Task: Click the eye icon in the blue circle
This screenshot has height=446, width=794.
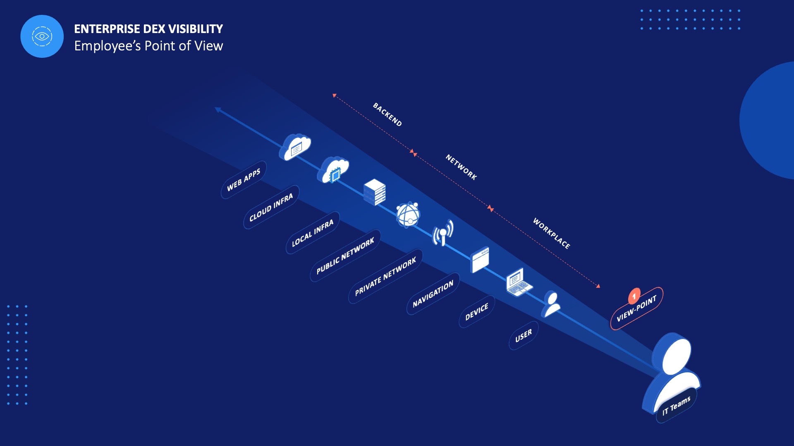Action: click(x=42, y=36)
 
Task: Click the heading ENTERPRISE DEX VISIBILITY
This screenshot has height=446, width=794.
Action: click(x=148, y=29)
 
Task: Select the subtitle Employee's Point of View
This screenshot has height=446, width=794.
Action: click(x=148, y=46)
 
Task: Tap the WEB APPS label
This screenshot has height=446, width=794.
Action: click(x=244, y=180)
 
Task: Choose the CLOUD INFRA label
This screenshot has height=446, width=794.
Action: click(x=271, y=207)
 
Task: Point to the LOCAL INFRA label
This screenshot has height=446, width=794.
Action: click(x=312, y=233)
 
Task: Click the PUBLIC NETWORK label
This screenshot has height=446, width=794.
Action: click(x=345, y=256)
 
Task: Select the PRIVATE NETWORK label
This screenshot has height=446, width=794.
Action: click(x=385, y=277)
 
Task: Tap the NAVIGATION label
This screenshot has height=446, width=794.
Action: click(x=433, y=294)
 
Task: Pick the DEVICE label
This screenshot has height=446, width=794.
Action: click(x=477, y=312)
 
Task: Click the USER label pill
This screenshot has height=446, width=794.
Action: click(x=524, y=336)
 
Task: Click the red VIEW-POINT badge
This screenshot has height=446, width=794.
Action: click(x=637, y=308)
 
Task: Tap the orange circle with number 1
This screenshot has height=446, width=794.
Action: click(x=634, y=296)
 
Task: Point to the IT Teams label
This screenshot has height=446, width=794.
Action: click(x=676, y=406)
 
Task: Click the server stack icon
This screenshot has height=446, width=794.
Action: click(x=375, y=192)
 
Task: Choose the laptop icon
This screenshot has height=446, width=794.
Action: click(x=519, y=282)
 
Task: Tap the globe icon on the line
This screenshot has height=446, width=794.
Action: click(x=408, y=214)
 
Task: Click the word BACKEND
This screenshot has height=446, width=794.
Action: click(x=387, y=114)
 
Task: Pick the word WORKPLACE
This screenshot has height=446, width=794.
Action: click(x=551, y=233)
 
